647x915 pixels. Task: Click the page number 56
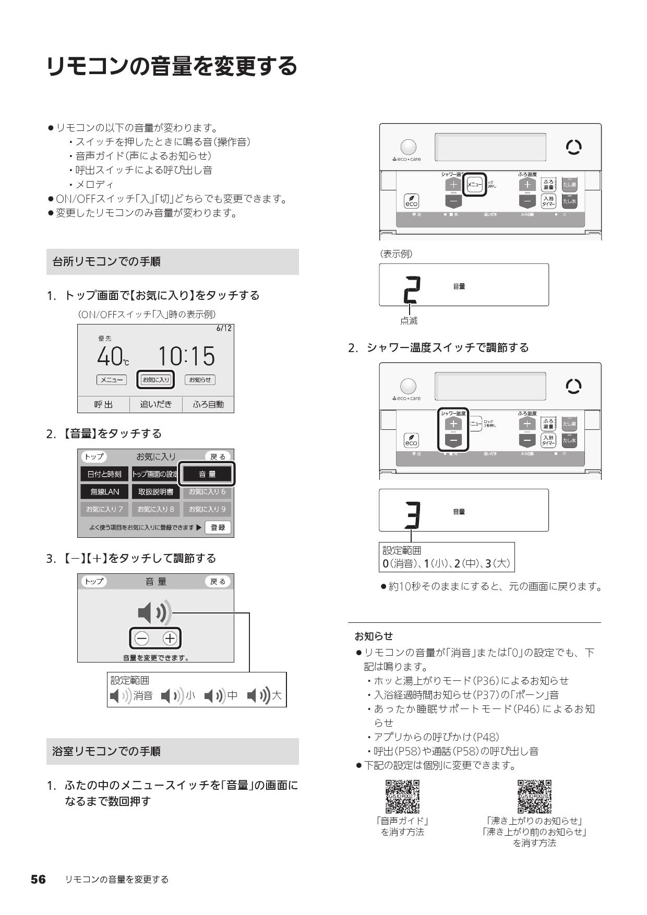coord(38,880)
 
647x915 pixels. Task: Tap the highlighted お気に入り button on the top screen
coord(156,380)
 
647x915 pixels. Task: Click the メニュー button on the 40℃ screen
coord(112,380)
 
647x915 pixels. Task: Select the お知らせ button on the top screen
coord(200,380)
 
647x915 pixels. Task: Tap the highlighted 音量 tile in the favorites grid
coord(207,474)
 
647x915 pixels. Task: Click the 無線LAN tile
coord(104,491)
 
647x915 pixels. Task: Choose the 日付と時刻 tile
coord(104,474)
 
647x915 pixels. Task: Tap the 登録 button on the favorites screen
coord(218,527)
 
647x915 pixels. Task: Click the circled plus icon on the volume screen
coord(170,638)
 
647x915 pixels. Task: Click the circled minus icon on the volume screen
coord(141,638)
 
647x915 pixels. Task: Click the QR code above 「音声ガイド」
coord(402,797)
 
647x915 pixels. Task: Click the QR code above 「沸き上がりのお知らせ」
coord(534,797)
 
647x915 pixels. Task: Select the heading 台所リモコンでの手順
coord(106,261)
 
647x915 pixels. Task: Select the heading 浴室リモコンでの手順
coord(106,751)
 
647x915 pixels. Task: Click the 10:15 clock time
coord(186,356)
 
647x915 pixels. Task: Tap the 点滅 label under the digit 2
coord(409,321)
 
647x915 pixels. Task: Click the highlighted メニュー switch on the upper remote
coord(475,185)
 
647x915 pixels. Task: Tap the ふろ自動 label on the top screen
coord(208,404)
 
